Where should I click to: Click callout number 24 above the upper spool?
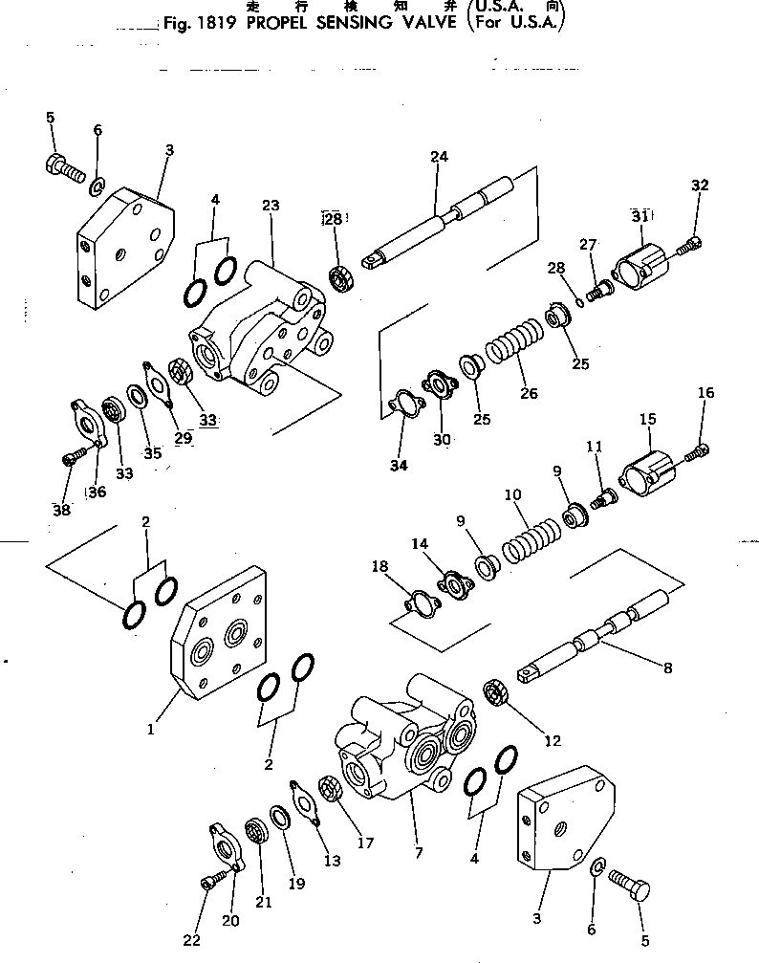click(x=439, y=157)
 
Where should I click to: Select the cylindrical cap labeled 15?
click(x=648, y=469)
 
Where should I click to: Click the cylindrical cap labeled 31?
click(x=640, y=266)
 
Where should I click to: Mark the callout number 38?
click(x=61, y=511)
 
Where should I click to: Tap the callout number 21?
click(x=263, y=902)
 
